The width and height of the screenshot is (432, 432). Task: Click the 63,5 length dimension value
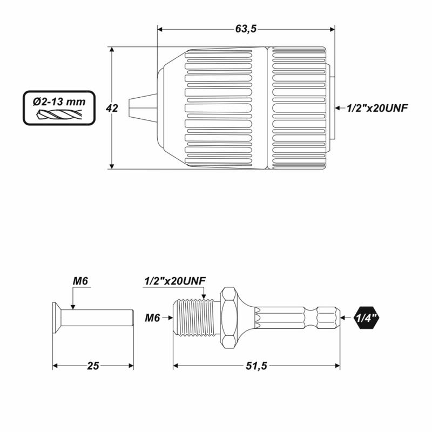(246, 29)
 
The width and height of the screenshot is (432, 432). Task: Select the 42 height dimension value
(112, 109)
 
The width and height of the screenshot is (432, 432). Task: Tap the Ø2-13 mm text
(59, 102)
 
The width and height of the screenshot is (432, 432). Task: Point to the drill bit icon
(59, 114)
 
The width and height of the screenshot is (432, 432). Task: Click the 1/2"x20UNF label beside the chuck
(377, 109)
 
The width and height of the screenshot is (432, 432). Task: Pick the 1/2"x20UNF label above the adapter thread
(174, 281)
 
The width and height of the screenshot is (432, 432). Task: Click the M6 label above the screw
(80, 281)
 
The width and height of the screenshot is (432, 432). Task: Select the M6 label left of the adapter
(152, 318)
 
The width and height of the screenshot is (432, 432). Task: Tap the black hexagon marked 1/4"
(366, 318)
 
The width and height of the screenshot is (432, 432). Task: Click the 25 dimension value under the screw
(93, 366)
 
